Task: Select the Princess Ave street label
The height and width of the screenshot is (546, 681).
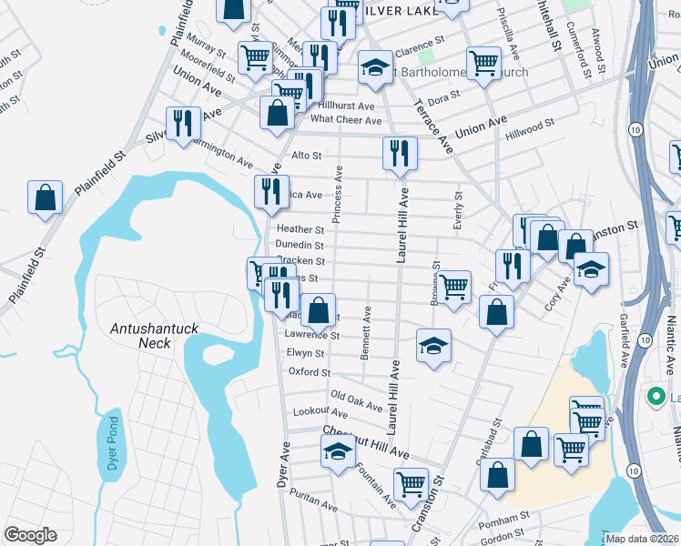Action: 337,194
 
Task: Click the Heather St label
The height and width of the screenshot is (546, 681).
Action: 300,229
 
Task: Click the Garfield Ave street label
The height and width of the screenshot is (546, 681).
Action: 625,340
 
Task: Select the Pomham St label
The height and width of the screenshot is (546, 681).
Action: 508,516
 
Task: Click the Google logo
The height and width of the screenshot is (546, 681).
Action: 30,534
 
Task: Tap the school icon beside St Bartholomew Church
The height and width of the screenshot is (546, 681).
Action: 375,67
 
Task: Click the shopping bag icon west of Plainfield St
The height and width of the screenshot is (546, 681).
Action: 45,197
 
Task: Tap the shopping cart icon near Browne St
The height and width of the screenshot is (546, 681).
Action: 454,287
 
